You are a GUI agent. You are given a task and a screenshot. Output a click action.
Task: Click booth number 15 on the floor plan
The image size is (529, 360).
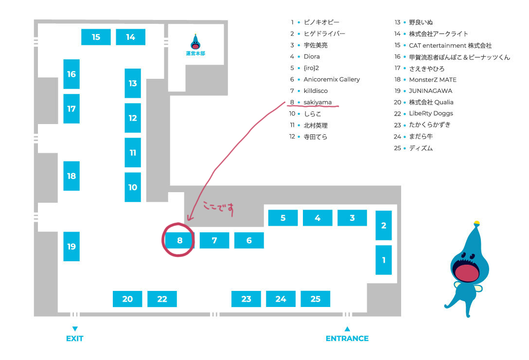[x=96, y=37]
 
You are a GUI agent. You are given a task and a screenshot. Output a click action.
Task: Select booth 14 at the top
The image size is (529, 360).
[x=130, y=37]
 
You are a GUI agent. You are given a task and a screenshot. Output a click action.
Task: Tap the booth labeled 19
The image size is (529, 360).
[x=71, y=247]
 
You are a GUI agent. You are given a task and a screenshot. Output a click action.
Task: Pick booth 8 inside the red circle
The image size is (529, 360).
[x=179, y=240]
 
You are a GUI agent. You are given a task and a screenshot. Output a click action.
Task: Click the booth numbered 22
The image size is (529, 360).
[x=162, y=299]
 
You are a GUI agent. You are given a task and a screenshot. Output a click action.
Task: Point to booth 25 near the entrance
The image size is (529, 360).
[x=315, y=299]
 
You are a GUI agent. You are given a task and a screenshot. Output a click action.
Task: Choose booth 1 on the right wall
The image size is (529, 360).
[x=384, y=260]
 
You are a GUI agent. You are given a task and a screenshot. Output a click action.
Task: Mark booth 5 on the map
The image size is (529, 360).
[x=283, y=218]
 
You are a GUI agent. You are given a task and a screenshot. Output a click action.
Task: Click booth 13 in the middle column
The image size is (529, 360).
[x=133, y=83]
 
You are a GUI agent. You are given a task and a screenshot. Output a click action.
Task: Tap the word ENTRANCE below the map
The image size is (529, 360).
[x=347, y=339]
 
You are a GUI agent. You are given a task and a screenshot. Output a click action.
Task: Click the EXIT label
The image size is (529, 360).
[x=74, y=339]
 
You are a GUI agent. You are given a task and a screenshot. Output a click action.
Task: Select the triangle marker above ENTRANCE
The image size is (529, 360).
[x=347, y=329]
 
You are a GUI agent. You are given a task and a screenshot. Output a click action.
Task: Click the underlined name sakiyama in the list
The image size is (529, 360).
[x=317, y=102]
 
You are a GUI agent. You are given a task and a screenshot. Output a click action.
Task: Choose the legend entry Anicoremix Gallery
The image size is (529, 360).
[x=332, y=79]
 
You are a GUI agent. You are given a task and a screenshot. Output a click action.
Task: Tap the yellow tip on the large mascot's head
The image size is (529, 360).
[x=477, y=223]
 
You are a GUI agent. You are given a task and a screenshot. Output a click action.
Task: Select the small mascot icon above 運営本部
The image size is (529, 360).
[x=195, y=42]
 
